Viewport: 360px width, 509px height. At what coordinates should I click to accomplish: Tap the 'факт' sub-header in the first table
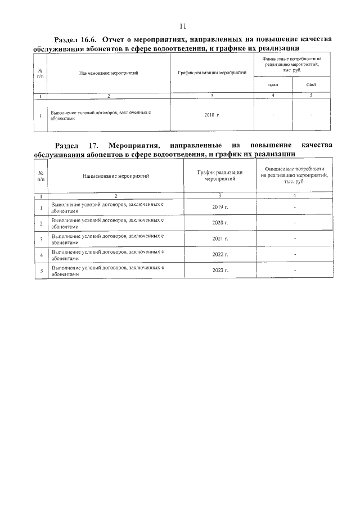pos(310,84)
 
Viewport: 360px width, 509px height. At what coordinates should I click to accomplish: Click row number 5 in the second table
pos(41,271)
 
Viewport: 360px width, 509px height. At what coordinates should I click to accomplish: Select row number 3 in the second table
pos(41,239)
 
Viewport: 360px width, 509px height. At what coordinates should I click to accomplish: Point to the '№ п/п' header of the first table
pos(40,73)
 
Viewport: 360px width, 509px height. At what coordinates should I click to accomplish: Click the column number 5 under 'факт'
pos(310,96)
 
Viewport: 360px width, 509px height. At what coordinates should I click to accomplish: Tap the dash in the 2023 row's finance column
pos(294,271)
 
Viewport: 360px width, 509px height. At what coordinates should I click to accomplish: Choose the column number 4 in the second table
pos(294,195)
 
